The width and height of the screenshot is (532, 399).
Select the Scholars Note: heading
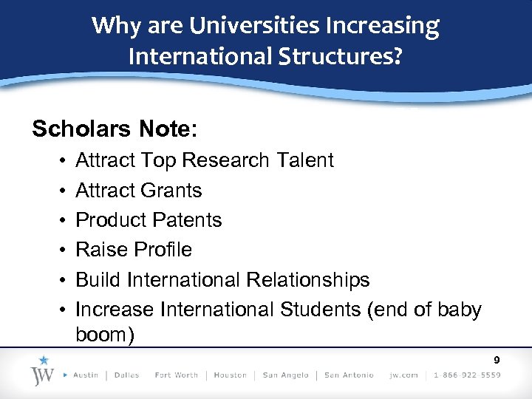pyautogui.click(x=115, y=129)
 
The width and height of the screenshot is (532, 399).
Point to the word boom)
pyautogui.click(x=105, y=335)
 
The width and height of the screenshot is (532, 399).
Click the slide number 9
pyautogui.click(x=497, y=361)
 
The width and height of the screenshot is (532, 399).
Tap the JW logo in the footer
pyautogui.click(x=44, y=371)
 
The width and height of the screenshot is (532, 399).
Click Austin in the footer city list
pyautogui.click(x=86, y=375)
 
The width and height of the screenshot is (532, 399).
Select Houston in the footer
pyautogui.click(x=230, y=375)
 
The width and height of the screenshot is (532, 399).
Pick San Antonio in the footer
pyautogui.click(x=349, y=375)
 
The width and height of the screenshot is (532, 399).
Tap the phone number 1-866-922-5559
pyautogui.click(x=467, y=375)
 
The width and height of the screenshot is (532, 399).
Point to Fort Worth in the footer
pyautogui.click(x=177, y=375)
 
